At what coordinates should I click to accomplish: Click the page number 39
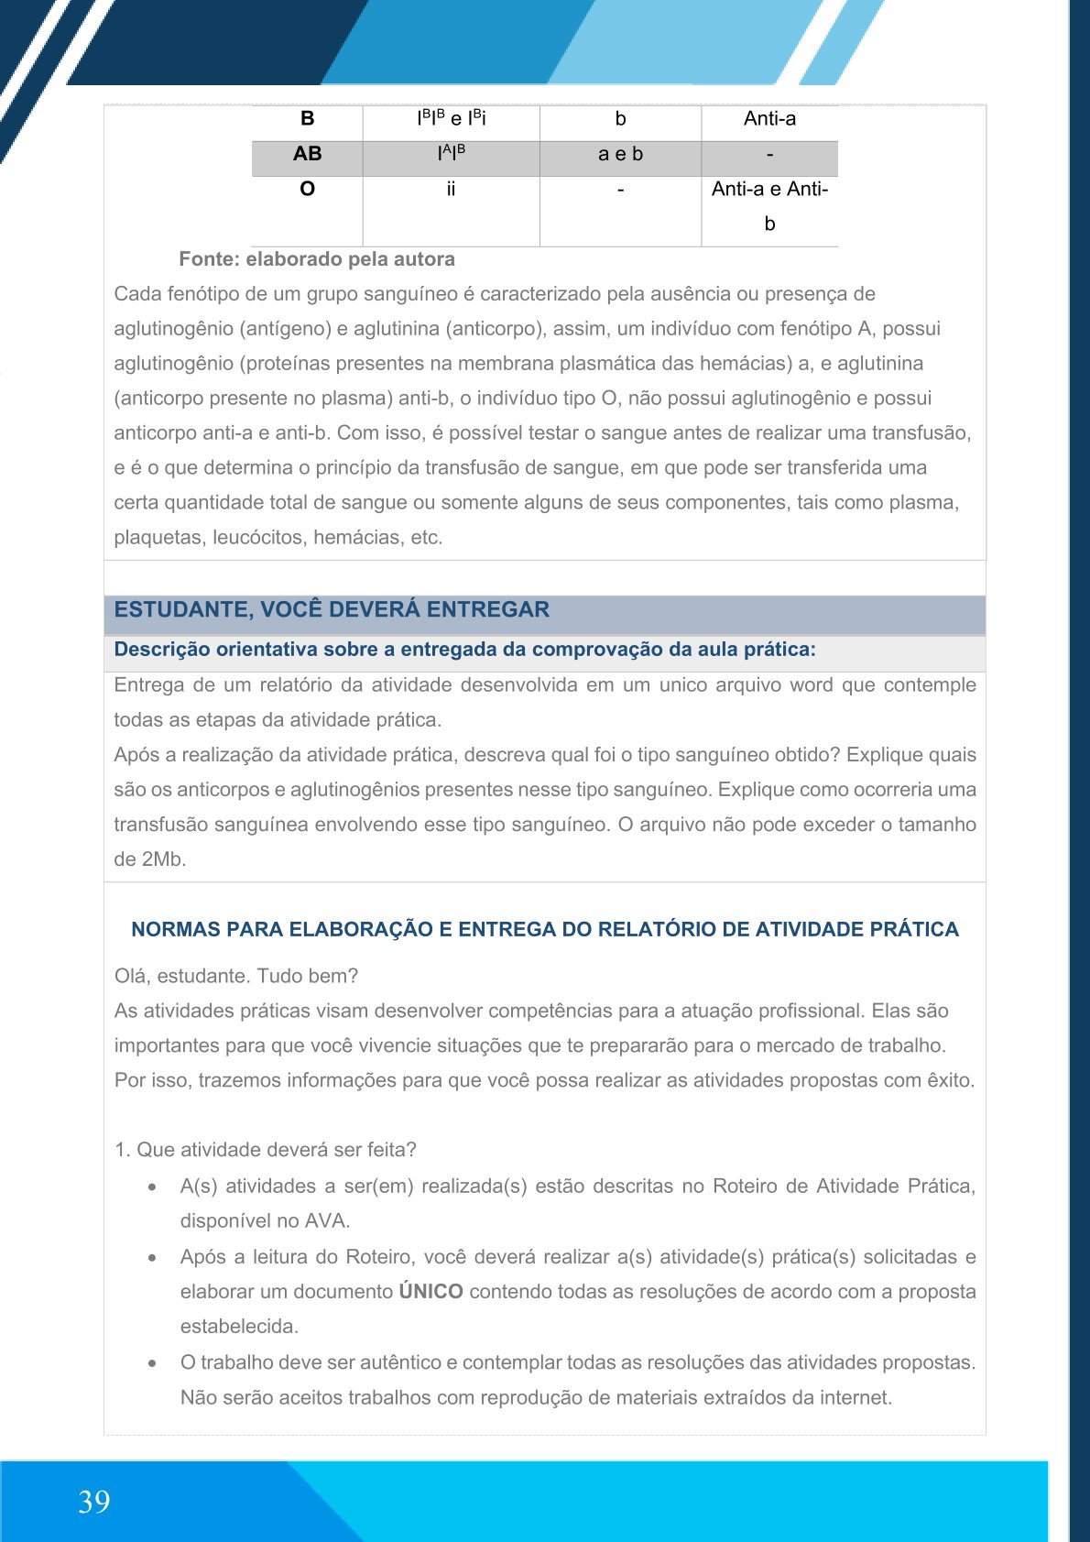94,1501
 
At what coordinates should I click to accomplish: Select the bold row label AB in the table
307,154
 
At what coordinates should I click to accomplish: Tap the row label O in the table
307,189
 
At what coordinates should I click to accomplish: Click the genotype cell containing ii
451,189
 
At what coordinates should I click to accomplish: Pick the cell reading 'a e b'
620,154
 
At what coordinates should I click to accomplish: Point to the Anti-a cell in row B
769,118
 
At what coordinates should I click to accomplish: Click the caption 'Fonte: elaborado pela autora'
317,259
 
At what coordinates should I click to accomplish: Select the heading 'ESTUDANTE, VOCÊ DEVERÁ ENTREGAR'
332,610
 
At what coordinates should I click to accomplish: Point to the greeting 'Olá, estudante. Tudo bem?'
236,976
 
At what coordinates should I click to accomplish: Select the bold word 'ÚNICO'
431,1292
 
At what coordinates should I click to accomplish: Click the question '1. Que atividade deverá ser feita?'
266,1150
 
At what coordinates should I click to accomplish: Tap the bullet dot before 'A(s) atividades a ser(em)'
152,1187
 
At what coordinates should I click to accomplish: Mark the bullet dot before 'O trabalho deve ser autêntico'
152,1363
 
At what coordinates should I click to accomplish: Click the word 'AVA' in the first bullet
327,1221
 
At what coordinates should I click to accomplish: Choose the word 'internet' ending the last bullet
853,1398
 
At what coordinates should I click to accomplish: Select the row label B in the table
307,118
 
